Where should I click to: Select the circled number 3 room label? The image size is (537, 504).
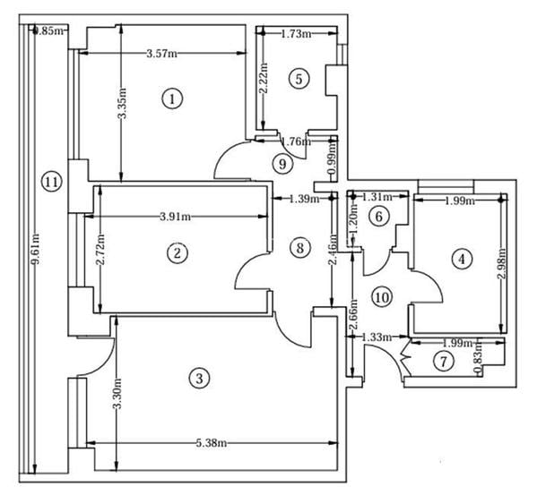[x=200, y=379]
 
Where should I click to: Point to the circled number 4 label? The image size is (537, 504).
[x=461, y=260]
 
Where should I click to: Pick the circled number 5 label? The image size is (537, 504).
[x=299, y=79]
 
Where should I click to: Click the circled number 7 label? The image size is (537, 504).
[x=440, y=362]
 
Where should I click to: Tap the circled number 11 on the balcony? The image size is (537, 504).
[x=52, y=182]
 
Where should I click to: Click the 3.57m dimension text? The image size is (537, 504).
[x=161, y=54]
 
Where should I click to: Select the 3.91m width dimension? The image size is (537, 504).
[x=178, y=217]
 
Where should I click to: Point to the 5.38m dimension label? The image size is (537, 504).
[x=209, y=443]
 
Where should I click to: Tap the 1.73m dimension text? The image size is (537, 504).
[x=296, y=34]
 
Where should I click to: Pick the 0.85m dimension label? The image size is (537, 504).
[x=48, y=31]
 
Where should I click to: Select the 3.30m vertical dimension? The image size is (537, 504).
[x=117, y=394]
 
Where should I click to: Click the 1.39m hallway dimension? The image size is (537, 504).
[x=305, y=199]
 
